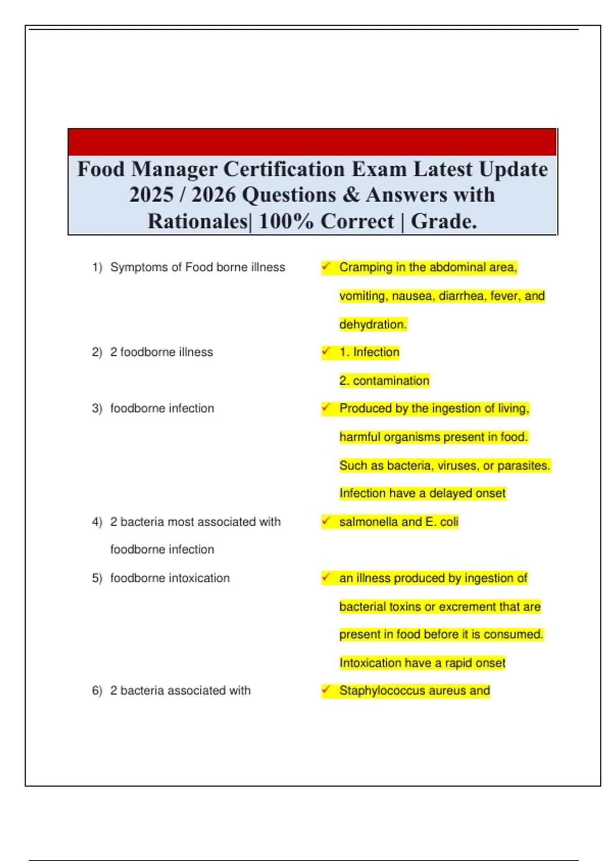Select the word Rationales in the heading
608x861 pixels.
(197, 221)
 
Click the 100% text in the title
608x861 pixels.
(286, 221)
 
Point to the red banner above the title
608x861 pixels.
(312, 142)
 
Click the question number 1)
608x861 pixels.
(97, 267)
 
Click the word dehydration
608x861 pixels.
(373, 325)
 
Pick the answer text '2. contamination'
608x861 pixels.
(385, 381)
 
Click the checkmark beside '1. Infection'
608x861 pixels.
(326, 351)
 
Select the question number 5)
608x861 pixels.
(97, 578)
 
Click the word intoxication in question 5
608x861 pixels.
(199, 578)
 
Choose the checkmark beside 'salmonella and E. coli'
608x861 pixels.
(326, 521)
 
